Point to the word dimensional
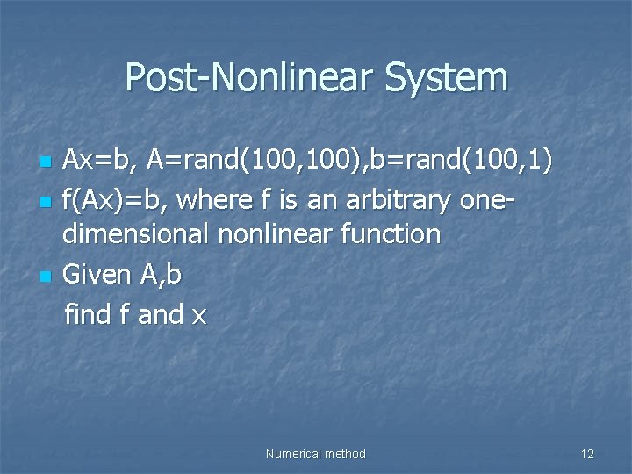coord(134,235)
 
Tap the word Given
coord(98,275)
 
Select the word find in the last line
coord(88,314)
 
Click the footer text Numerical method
coord(315,454)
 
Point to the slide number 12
coord(587,454)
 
